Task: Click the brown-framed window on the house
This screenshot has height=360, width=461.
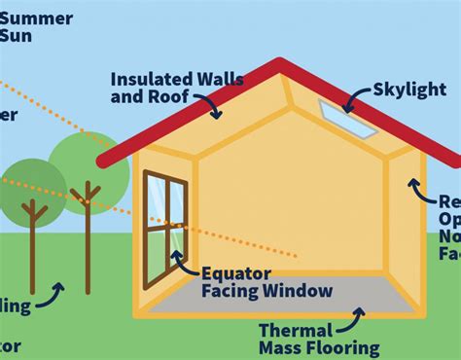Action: point(164,229)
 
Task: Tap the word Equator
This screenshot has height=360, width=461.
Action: point(231,272)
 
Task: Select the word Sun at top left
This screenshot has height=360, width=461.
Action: point(16,37)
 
